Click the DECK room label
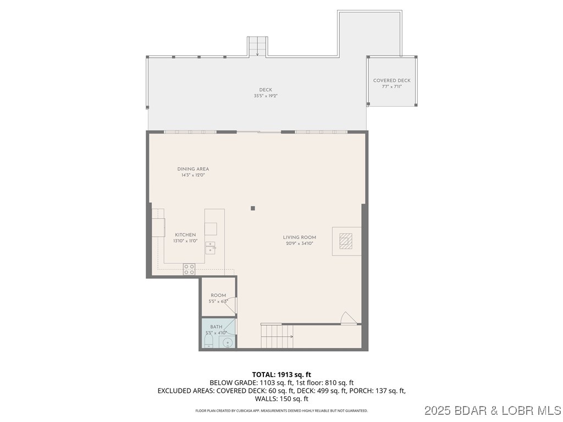[266, 90]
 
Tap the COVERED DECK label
[391, 81]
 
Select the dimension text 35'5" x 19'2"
[266, 96]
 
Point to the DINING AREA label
[192, 169]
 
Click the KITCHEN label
[185, 235]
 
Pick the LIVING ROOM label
[299, 237]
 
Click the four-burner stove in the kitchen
[189, 269]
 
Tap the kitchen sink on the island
[211, 247]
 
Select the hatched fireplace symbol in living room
[346, 241]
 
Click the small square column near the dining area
[253, 208]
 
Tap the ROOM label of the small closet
[218, 296]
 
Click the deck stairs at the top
[257, 47]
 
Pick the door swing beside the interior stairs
[347, 318]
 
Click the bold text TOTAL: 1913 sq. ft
[281, 374]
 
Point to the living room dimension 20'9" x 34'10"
[299, 243]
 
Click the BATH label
[216, 327]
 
